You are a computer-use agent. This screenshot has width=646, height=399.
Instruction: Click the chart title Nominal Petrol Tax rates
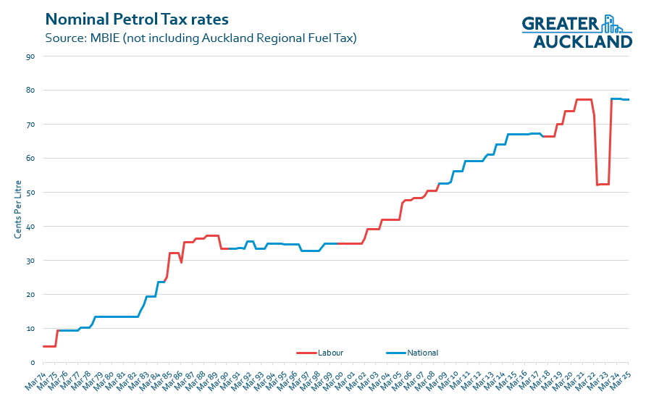tap(135, 17)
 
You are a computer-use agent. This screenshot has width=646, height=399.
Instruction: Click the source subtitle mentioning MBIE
tap(201, 38)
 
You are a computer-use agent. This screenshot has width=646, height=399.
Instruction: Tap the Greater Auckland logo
tap(576, 32)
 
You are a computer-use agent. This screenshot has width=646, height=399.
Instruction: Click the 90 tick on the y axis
tap(30, 56)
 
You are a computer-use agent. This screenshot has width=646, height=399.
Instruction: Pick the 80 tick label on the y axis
tap(30, 91)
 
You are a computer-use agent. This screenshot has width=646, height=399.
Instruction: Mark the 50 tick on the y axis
tap(30, 193)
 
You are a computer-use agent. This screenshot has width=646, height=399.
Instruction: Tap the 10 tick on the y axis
tap(30, 329)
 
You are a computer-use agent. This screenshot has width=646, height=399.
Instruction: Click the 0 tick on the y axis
tap(33, 363)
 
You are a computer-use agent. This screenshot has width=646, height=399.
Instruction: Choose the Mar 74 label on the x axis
tap(34, 379)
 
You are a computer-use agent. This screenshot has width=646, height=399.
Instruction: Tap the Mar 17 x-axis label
tap(527, 379)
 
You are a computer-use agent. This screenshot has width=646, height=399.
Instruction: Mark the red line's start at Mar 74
tap(44, 346)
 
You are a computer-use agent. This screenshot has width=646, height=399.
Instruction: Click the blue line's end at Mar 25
tap(627, 100)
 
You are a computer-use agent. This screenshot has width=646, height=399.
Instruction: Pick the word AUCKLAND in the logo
tap(582, 42)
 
